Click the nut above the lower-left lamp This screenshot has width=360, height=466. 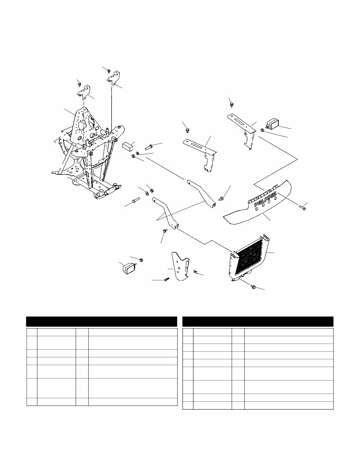[141, 260]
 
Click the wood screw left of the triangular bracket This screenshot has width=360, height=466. [166, 279]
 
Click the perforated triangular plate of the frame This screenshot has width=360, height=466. [85, 123]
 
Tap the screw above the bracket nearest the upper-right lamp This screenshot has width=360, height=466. [231, 104]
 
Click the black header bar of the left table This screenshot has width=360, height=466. [101, 322]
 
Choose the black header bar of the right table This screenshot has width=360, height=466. [258, 322]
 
